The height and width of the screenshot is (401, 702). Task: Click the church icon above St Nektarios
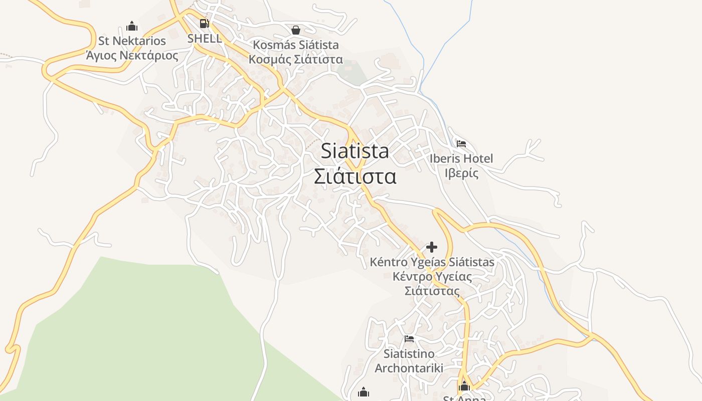pos(132,26)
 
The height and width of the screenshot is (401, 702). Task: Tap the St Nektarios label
pos(132,41)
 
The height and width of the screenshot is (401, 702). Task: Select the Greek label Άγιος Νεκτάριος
pos(132,55)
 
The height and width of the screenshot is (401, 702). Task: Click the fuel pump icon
pos(204,23)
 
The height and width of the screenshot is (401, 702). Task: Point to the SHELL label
pos(204,38)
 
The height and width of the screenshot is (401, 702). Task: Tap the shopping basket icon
pos(296,30)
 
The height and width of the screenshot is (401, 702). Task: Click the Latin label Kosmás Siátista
pos(296,45)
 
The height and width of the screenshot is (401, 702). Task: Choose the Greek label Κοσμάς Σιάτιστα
pos(296,59)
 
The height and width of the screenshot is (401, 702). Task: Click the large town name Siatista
pos(355,151)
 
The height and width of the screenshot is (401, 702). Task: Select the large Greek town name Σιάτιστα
pos(355,176)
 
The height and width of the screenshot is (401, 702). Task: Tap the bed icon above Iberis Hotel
pos(461,144)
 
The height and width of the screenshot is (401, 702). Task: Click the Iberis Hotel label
pos(461,158)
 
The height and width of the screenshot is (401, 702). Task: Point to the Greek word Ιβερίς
pos(461,173)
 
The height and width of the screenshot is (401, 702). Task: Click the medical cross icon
pos(432,247)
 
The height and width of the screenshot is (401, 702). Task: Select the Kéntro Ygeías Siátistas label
pos(432,262)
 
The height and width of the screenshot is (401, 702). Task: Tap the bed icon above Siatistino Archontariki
pos(409,339)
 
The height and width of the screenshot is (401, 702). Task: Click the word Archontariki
pos(409,368)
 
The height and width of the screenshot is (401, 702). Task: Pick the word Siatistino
pos(409,353)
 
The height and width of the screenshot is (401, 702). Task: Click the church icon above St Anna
pos(464,386)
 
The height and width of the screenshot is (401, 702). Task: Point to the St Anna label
pos(464,398)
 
